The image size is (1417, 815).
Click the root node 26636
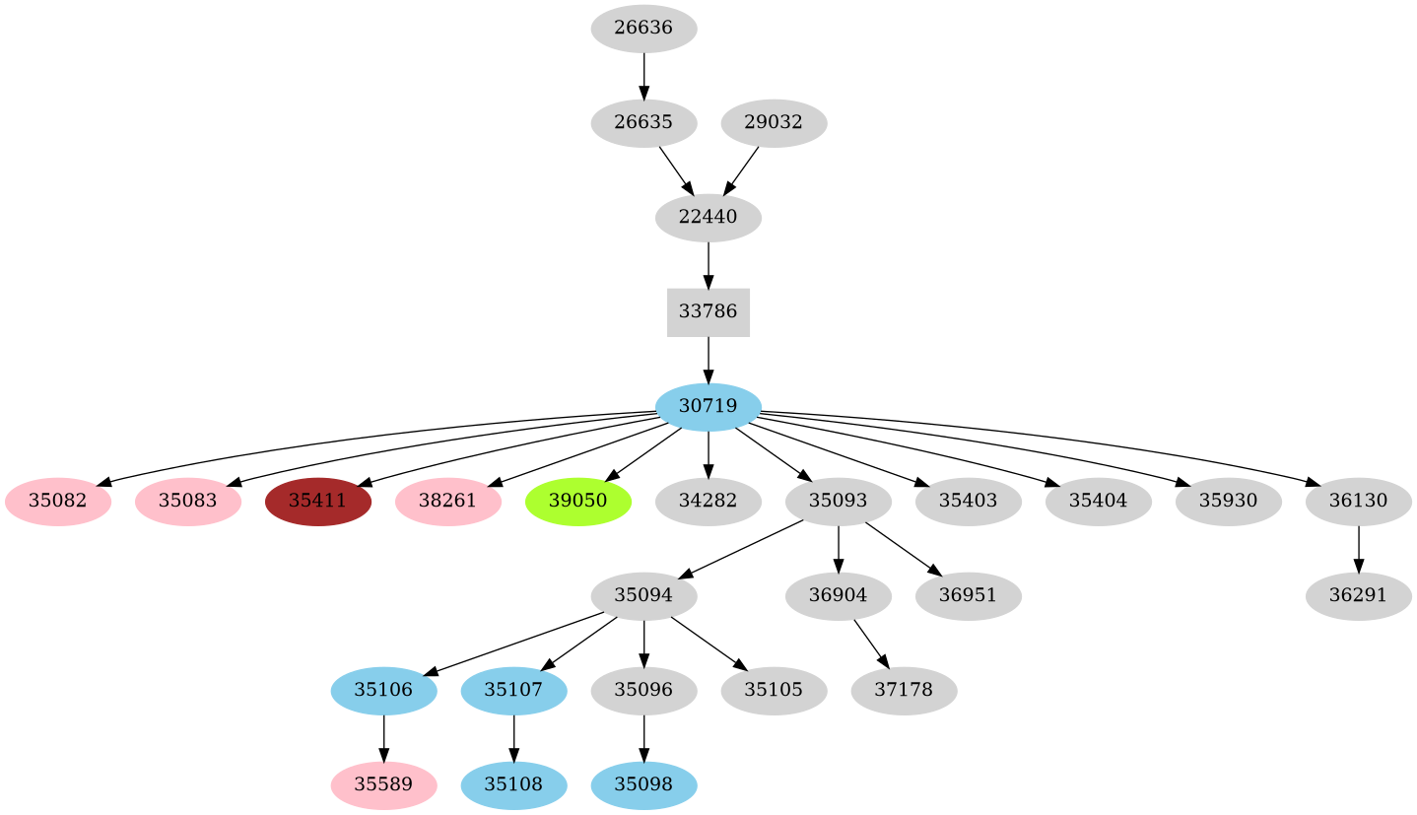[x=643, y=29]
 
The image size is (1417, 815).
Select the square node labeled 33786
[x=708, y=312]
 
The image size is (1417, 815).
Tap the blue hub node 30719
[x=708, y=407]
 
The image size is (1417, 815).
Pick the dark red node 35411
[x=317, y=502]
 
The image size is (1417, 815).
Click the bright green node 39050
[x=577, y=502]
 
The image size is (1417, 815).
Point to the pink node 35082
[x=57, y=502]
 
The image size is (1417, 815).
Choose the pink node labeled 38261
[x=447, y=502]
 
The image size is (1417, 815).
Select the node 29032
[x=774, y=123]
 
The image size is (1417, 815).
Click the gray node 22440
[x=708, y=218]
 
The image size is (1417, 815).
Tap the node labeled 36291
[x=1358, y=596]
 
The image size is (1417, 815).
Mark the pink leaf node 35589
[x=383, y=785]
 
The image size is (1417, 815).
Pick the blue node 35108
[x=513, y=785]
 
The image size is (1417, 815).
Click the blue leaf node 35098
[x=643, y=785]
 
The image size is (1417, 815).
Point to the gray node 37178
[x=904, y=691]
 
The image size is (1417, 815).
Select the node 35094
[x=643, y=596]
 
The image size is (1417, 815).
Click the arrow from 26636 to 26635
[x=643, y=76]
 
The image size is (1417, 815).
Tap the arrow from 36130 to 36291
[x=1358, y=549]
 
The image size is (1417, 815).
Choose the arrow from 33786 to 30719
[x=708, y=360]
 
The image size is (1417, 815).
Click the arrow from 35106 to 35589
[x=383, y=738]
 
